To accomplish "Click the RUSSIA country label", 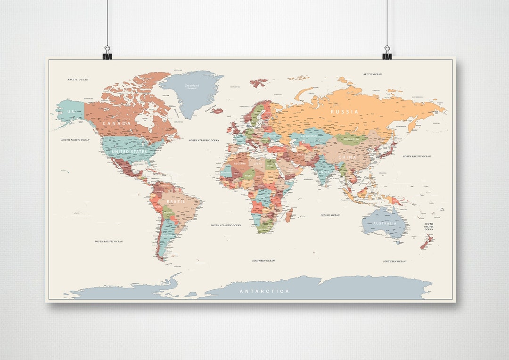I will click(x=344, y=112).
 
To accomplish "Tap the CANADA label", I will click(x=116, y=123).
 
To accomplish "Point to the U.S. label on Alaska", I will click(x=71, y=112).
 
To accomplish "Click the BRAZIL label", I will click(x=176, y=201).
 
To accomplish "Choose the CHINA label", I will click(x=347, y=157).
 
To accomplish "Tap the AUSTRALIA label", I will click(x=385, y=223).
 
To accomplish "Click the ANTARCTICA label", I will click(x=264, y=291).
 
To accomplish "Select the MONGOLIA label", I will click(x=351, y=139).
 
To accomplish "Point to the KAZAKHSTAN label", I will click(x=309, y=136).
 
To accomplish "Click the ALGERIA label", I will click(x=240, y=164).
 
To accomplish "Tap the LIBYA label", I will click(x=258, y=164).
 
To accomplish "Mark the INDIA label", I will click(x=323, y=172).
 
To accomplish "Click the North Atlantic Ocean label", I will click(x=204, y=140).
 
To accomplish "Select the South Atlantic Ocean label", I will click(x=226, y=225).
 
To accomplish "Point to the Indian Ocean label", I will click(x=330, y=215).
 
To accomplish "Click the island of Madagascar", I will click(x=288, y=216).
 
